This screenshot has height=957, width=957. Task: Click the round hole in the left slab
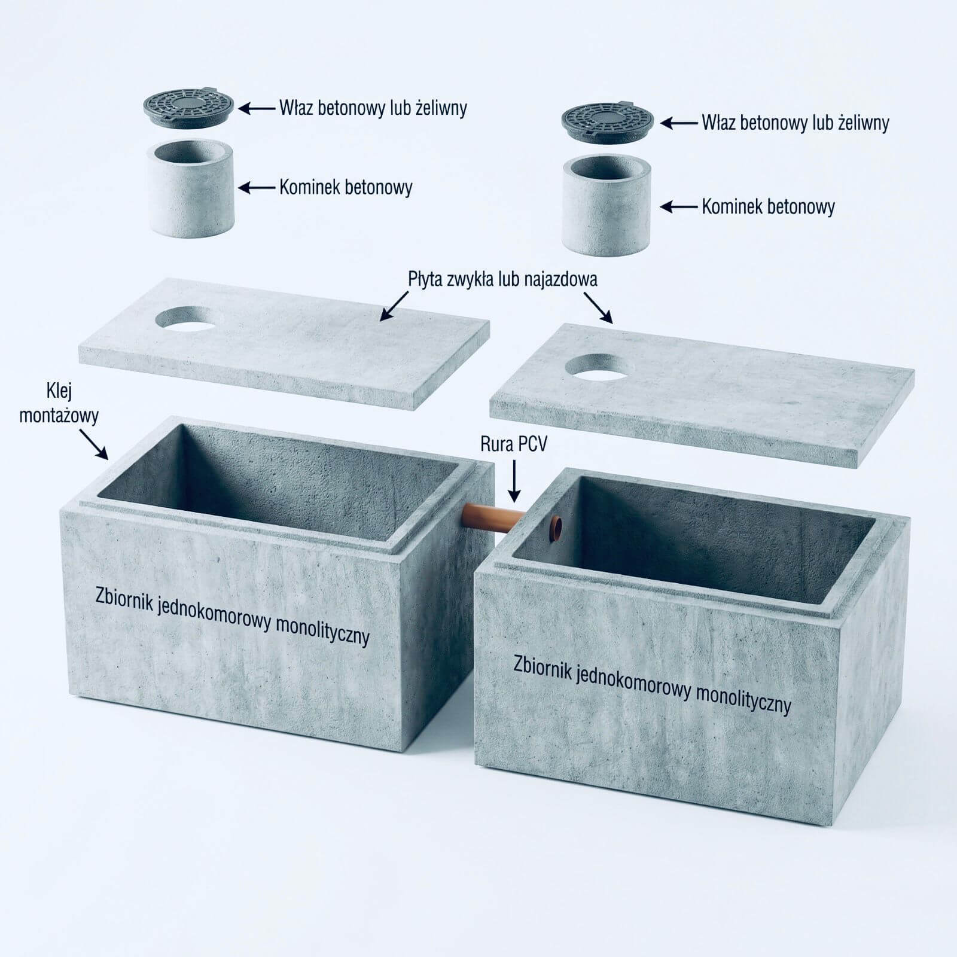185,318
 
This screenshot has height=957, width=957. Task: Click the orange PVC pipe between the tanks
494,516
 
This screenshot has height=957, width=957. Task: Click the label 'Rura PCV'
513,444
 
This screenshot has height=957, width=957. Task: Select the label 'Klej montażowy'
59,404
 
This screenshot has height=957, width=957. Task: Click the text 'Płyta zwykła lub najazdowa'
502,279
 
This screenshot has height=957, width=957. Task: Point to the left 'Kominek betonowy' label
346,187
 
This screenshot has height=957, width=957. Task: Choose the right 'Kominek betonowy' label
768,207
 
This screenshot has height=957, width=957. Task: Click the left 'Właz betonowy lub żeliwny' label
373,108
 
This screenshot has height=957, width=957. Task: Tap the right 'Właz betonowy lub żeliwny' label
796,123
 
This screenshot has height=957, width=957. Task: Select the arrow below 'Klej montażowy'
93,444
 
